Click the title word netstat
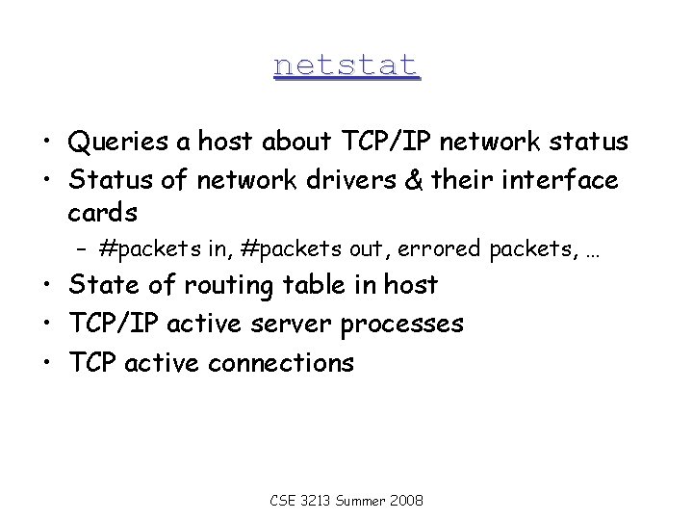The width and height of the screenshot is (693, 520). pos(346,65)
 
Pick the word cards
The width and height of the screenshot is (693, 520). pos(103,212)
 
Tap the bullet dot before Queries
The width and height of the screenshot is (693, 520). pos(46,144)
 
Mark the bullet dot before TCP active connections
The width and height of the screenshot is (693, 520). pos(46,364)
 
